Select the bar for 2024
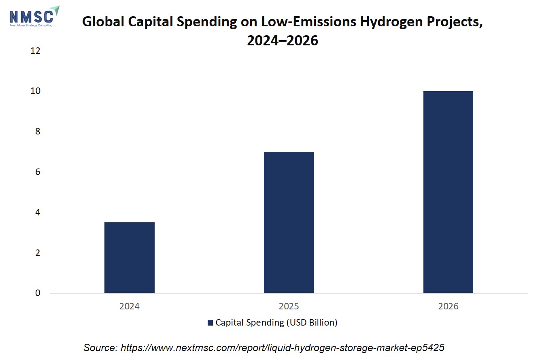point(130,258)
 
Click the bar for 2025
point(289,222)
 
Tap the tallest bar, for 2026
point(448,192)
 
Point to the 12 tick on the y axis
point(35,51)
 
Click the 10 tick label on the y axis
point(35,91)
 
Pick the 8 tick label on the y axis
point(38,132)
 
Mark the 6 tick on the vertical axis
point(38,172)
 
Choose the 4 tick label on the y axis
point(38,212)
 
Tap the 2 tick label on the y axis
point(38,253)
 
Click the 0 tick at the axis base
point(38,293)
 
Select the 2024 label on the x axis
point(130,306)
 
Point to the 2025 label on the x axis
point(289,306)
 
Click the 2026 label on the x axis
point(448,306)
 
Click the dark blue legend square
point(210,323)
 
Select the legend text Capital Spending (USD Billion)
point(276,323)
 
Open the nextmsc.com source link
point(282,348)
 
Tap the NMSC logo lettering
point(31,17)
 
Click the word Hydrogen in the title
point(391,22)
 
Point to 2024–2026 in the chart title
point(283,40)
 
